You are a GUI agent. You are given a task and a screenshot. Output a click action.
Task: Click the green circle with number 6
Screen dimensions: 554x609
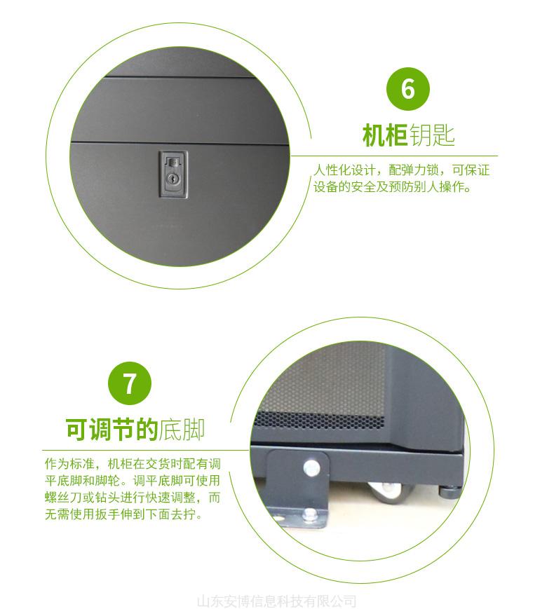pos(408,89)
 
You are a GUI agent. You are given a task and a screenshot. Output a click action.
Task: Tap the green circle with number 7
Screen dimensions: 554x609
pos(130,383)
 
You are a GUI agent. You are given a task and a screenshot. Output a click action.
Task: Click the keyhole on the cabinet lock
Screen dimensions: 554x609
pos(172,179)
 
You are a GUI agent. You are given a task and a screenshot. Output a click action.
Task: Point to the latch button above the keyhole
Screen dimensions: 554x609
pos(173,162)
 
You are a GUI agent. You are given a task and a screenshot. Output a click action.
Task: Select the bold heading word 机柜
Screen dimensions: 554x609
pos(385,135)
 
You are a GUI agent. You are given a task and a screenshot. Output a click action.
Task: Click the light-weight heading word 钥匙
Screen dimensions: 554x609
pos(431,135)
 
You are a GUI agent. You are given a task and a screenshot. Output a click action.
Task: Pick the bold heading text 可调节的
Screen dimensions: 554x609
pos(112,430)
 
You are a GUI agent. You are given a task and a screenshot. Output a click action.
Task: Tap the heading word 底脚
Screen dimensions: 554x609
pos(182,430)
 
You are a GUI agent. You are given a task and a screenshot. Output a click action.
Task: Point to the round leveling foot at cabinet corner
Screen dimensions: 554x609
pos(450,491)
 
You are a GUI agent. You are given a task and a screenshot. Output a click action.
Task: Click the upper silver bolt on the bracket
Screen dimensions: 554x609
pos(311,467)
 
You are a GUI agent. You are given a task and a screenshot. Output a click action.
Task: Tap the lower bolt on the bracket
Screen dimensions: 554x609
pos(310,515)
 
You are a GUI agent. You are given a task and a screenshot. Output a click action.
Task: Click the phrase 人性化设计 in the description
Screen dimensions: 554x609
pos(345,170)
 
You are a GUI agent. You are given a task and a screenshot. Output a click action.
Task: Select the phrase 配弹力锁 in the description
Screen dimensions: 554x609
pos(414,170)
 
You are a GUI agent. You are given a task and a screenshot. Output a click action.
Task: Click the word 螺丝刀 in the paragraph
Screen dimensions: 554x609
pos(64,498)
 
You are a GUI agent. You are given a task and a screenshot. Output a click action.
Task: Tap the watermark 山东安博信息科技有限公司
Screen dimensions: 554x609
pos(277,601)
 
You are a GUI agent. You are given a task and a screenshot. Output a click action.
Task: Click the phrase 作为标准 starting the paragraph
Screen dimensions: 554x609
pos(69,463)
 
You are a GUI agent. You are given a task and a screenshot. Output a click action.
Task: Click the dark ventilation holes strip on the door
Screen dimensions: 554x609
pos(319,420)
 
